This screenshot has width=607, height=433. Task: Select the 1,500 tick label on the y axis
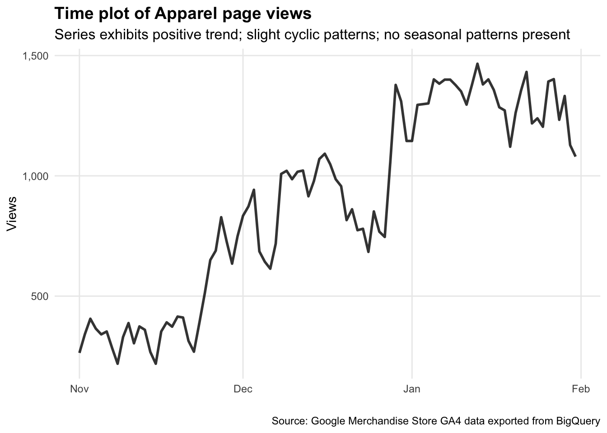coord(35,56)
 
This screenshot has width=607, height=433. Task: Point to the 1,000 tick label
coord(35,176)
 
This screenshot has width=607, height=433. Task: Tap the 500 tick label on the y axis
coord(39,296)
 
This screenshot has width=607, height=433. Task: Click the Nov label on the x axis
coord(79,389)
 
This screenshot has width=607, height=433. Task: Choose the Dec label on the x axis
coord(243,389)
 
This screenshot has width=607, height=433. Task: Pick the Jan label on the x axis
coord(411,389)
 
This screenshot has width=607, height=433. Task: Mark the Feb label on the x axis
coord(581,389)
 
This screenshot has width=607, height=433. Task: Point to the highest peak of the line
coord(477,64)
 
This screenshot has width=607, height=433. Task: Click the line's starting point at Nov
coord(79,352)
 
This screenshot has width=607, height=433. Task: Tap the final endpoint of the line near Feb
coord(575,156)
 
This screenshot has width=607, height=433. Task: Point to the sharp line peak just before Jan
coord(396,85)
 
